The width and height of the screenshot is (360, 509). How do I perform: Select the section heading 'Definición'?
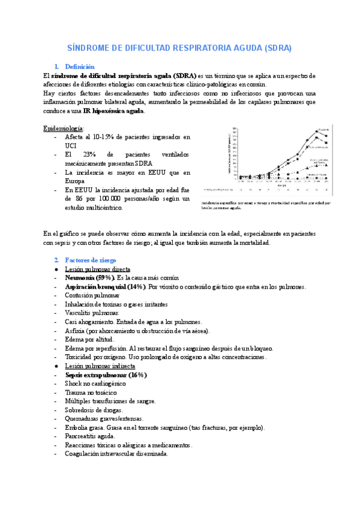tap(80, 67)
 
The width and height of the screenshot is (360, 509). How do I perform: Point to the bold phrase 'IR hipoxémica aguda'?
tap(113, 111)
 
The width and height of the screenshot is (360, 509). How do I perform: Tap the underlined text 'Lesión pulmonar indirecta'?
tap(100, 366)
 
